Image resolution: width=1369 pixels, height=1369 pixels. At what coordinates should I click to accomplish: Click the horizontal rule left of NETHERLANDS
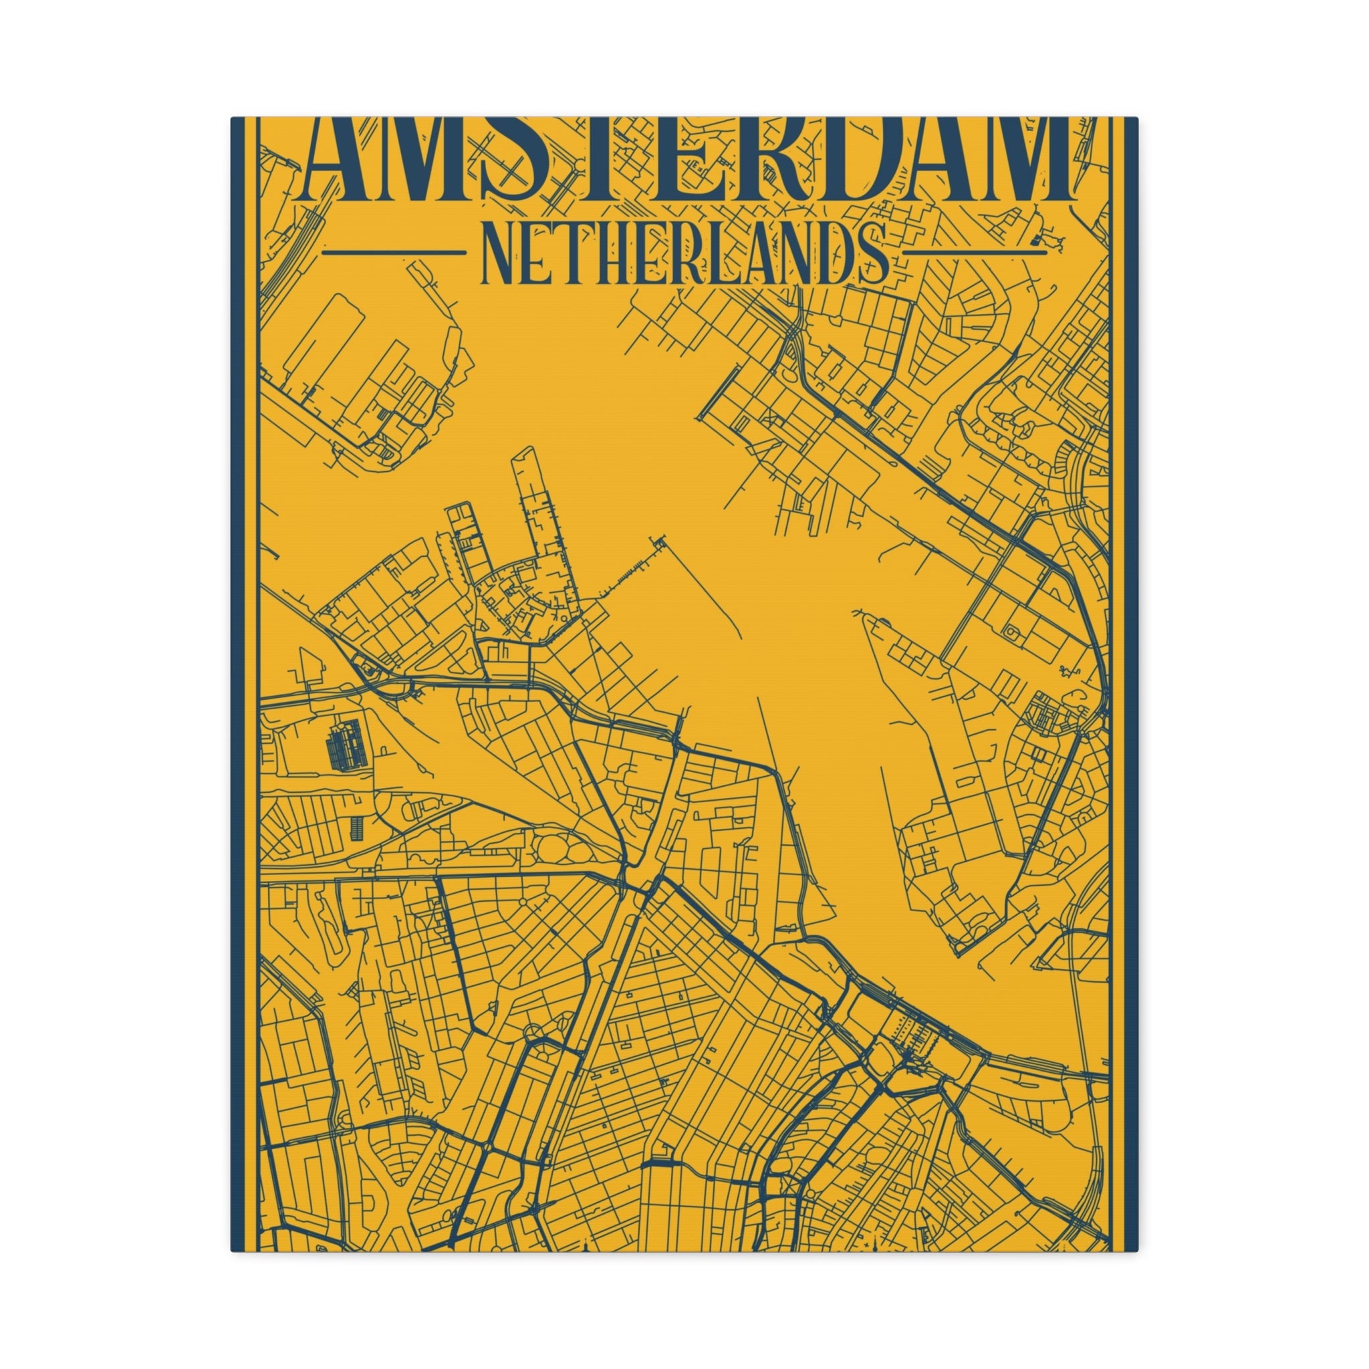390,251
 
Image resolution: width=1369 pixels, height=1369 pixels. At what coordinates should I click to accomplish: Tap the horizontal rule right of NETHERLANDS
976,251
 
